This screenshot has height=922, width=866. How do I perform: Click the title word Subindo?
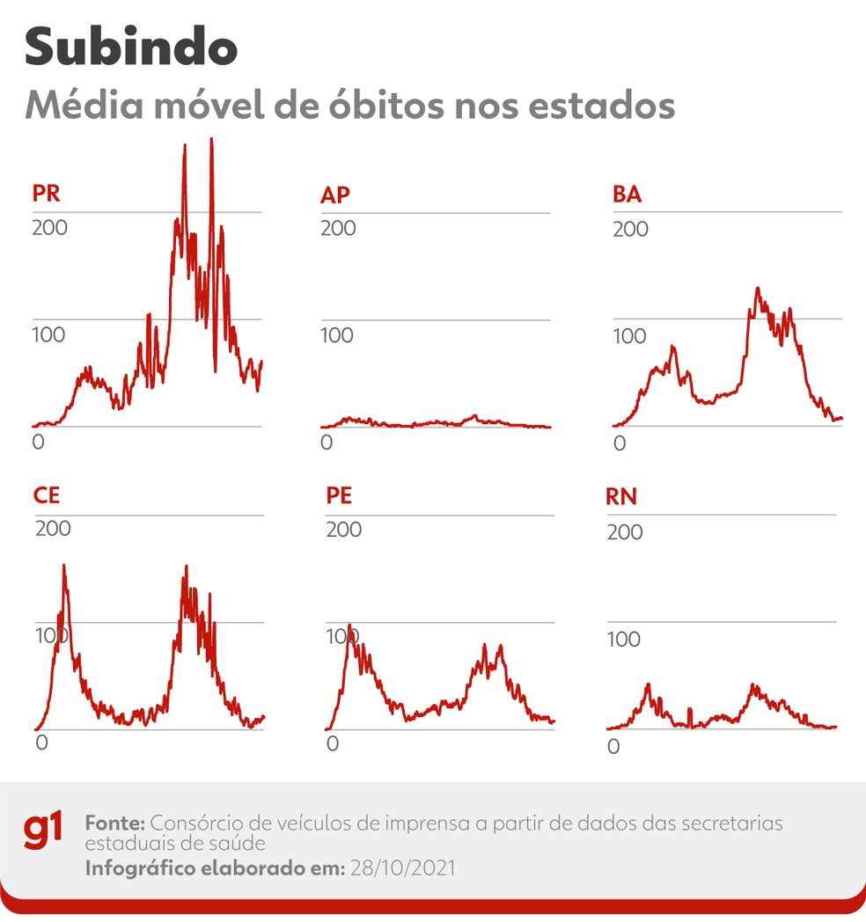tap(131, 48)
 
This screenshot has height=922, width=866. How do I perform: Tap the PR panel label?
tap(47, 194)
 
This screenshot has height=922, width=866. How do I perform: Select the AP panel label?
tap(335, 194)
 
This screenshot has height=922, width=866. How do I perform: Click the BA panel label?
tap(627, 194)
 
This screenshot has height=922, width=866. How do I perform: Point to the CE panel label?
tap(47, 495)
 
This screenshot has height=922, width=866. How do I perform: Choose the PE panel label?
tap(339, 495)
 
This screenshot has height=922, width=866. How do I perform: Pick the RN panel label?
tap(621, 497)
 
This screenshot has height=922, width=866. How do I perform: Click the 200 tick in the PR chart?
tap(49, 228)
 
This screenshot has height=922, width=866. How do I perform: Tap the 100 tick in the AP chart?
tap(338, 335)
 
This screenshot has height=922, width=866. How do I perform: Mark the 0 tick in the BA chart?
tap(620, 443)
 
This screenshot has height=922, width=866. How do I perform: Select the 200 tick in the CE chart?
tap(53, 529)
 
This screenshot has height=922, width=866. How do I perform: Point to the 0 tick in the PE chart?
tap(332, 743)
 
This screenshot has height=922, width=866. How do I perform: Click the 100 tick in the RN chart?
tap(623, 640)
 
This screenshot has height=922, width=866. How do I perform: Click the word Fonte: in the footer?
tap(115, 824)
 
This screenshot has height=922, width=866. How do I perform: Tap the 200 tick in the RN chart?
tap(625, 532)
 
